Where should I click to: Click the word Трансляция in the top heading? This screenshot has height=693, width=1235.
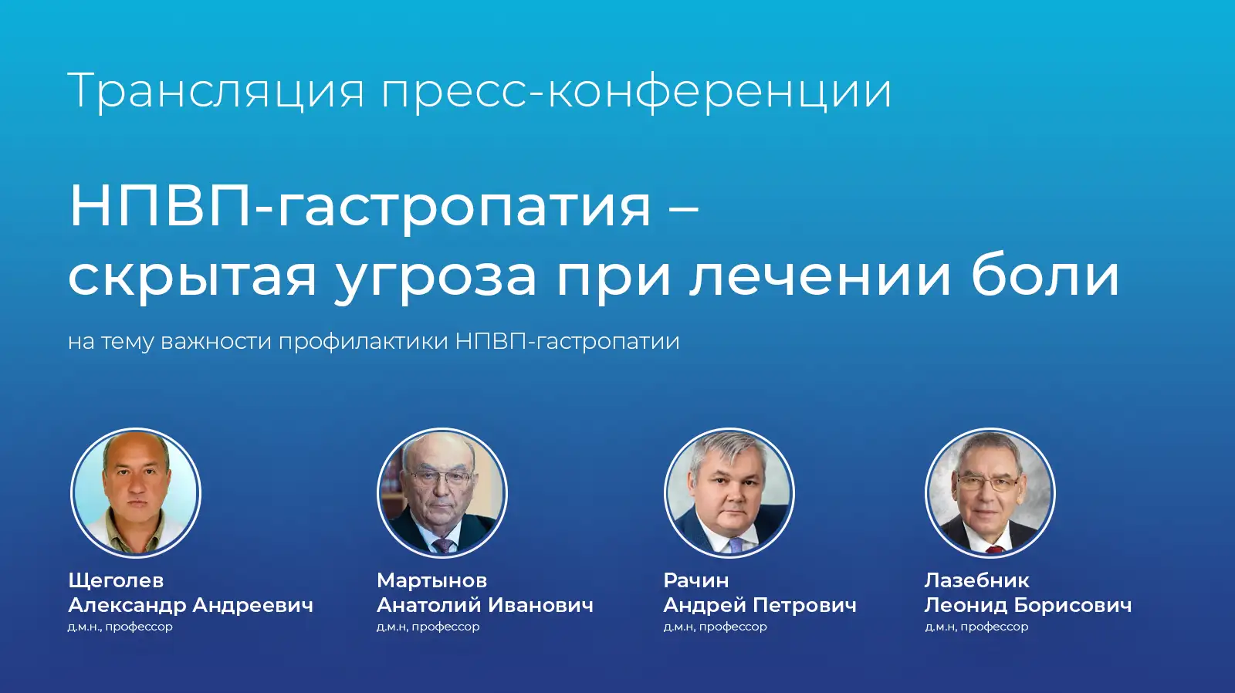pos(216,91)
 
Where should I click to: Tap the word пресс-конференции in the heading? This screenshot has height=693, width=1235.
pos(636,91)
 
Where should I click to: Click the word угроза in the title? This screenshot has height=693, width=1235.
pos(435,276)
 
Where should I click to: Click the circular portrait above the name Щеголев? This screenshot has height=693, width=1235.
pos(136,492)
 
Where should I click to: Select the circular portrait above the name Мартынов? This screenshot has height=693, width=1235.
pos(442,492)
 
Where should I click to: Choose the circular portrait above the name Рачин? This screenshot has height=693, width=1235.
pos(729,492)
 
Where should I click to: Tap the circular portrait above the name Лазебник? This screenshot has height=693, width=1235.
pos(990,492)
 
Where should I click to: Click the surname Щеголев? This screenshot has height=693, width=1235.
pos(116,580)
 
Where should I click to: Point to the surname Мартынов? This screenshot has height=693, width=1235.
pos(431,580)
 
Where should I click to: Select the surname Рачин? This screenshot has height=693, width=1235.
pos(695,580)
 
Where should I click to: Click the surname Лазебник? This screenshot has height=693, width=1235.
pos(976,580)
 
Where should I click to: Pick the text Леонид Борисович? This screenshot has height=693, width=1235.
pos(1027,605)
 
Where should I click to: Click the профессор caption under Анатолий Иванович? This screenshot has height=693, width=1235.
pos(445,627)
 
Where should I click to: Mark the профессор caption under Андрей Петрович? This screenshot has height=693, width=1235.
pos(733,627)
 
